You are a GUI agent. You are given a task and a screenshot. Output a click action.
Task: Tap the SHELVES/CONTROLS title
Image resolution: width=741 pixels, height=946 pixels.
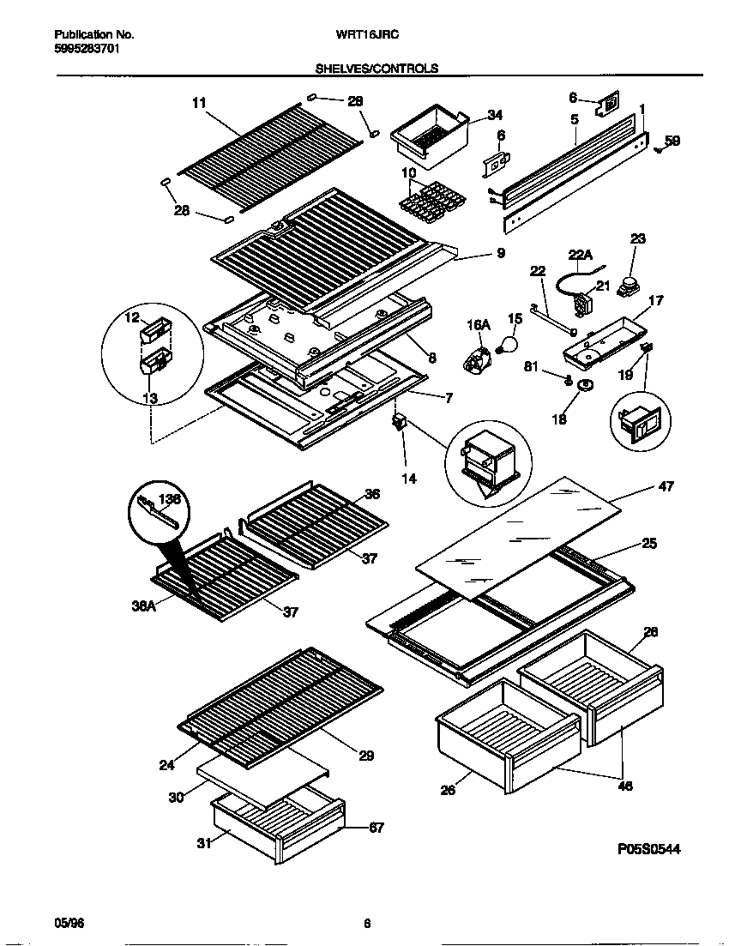(x=377, y=68)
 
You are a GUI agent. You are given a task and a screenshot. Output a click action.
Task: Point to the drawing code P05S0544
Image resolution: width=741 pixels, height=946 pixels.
(x=648, y=849)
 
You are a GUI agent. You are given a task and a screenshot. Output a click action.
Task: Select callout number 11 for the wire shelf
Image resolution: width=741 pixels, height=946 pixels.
(x=199, y=103)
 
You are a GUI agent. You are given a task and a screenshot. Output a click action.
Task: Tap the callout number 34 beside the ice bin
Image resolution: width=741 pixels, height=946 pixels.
(x=495, y=115)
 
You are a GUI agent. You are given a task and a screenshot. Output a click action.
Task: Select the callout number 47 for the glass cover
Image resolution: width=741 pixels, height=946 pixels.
(x=666, y=486)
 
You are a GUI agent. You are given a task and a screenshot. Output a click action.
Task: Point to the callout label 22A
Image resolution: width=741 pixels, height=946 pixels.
(x=581, y=254)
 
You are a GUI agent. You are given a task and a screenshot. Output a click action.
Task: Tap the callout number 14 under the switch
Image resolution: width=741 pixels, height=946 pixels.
(x=409, y=479)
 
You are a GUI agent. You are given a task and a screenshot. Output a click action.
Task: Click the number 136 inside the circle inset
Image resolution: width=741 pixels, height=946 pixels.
(x=171, y=498)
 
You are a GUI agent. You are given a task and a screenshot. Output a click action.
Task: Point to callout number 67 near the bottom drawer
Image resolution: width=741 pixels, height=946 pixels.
(x=376, y=828)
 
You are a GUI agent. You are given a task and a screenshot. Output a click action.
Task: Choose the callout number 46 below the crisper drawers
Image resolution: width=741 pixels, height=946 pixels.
(x=625, y=785)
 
